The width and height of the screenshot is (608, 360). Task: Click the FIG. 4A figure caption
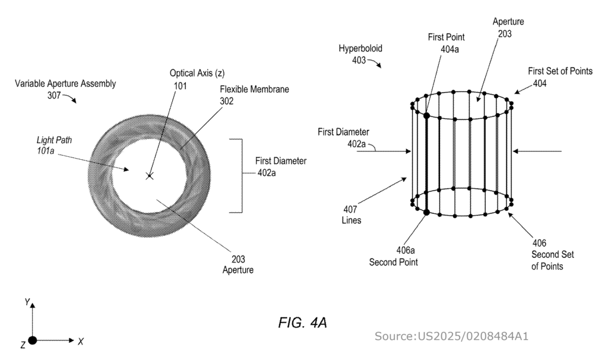pos(303,323)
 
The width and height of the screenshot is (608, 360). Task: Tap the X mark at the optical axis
pos(150,176)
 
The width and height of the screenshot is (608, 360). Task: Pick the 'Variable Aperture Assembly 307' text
pos(65,89)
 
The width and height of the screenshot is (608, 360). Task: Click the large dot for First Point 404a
pos(426,115)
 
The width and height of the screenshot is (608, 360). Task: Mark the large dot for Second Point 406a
pos(426,211)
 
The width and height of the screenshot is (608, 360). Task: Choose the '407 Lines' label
pos(350,214)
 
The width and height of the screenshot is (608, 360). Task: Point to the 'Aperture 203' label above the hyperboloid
pos(509,28)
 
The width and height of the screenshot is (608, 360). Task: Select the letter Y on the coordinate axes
pos(27,302)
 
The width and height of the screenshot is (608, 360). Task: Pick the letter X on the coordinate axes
pos(81,341)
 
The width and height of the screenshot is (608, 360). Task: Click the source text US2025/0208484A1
pos(451,337)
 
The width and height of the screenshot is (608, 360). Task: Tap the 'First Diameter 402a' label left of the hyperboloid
pos(344,137)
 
